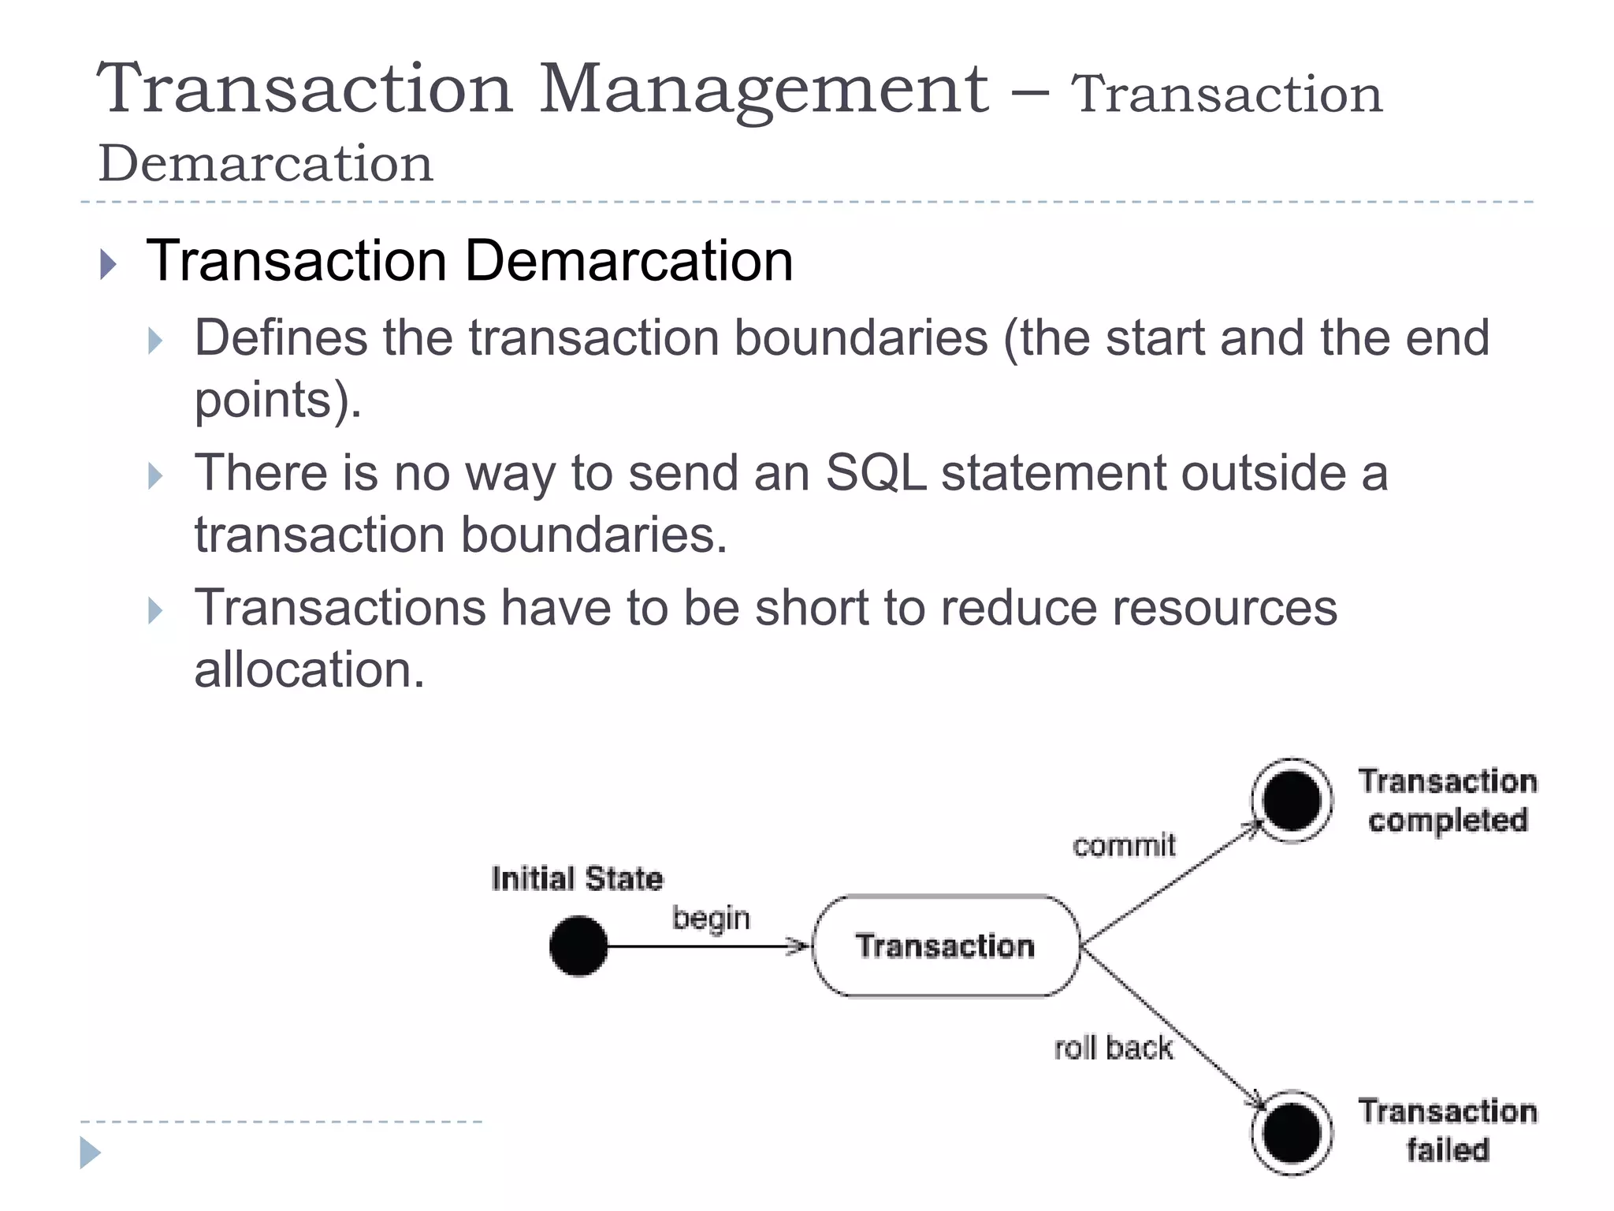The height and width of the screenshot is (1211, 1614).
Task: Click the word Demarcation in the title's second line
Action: pos(266,164)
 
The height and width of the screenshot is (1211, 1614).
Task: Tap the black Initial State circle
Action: pos(578,945)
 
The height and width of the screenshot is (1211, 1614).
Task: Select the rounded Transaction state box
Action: pos(945,945)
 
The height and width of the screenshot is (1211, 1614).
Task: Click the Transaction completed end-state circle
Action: pos(1291,800)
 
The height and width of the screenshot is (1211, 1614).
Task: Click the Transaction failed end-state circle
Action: pos(1291,1133)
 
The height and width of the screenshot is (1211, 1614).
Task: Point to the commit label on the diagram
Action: pos(1124,845)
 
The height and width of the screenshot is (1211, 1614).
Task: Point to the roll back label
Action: pos(1113,1048)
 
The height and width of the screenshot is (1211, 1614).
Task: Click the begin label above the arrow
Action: pos(711,919)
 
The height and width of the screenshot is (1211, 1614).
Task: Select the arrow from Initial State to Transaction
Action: pos(701,945)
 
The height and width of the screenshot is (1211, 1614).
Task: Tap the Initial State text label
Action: pos(577,878)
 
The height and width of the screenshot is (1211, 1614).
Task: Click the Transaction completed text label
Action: pos(1447,800)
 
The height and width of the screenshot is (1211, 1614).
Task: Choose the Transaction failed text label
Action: pos(1447,1131)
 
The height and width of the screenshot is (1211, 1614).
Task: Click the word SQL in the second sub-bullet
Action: pos(876,473)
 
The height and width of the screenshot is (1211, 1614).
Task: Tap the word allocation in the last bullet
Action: pos(309,670)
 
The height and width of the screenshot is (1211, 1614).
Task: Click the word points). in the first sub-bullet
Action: pos(277,401)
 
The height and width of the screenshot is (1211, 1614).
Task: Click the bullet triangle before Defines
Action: pos(155,341)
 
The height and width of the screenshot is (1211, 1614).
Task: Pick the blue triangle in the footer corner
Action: pos(90,1153)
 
